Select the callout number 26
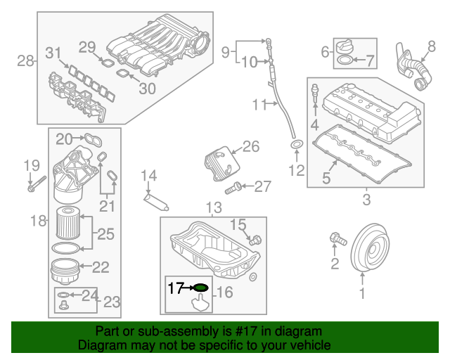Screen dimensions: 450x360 [x=251, y=146]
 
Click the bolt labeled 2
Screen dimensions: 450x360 [x=338, y=239]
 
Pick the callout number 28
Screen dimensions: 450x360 [x=25, y=61]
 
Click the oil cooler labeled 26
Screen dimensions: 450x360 [x=222, y=163]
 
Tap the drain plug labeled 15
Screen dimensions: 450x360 [x=255, y=240]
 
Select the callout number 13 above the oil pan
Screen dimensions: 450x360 [x=214, y=207]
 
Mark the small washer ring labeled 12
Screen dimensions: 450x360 [x=297, y=144]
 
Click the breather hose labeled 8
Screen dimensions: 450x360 [x=413, y=67]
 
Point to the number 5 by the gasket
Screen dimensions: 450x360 [x=326, y=178]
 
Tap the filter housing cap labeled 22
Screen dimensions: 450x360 [x=65, y=271]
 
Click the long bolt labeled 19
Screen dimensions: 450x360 [x=37, y=184]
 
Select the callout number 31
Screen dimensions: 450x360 [x=53, y=53]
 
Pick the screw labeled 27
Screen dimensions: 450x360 [x=233, y=188]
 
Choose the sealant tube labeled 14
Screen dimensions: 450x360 [x=156, y=202]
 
